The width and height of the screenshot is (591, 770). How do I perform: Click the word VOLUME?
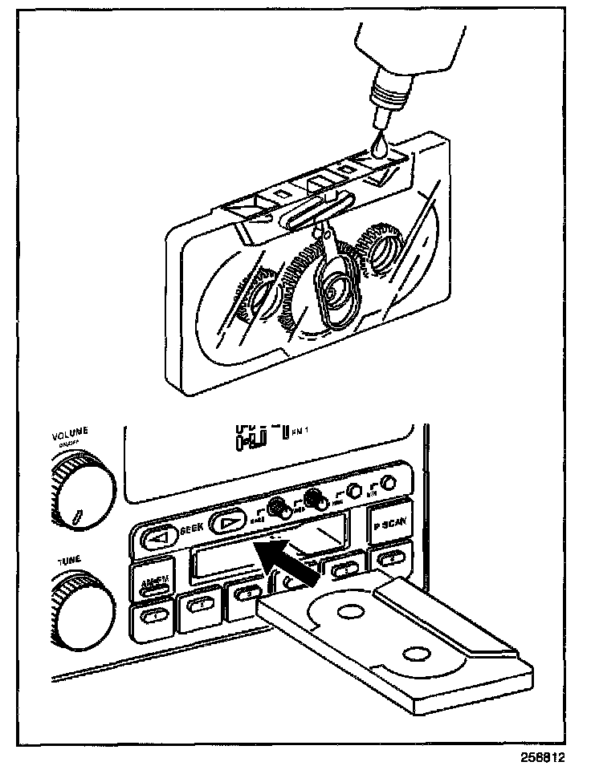pos(71,437)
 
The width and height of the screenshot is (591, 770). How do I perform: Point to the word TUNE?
pos(69,561)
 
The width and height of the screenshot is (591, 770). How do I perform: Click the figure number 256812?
pos(553,757)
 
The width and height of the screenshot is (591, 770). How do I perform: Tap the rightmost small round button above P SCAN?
pos(388,483)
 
